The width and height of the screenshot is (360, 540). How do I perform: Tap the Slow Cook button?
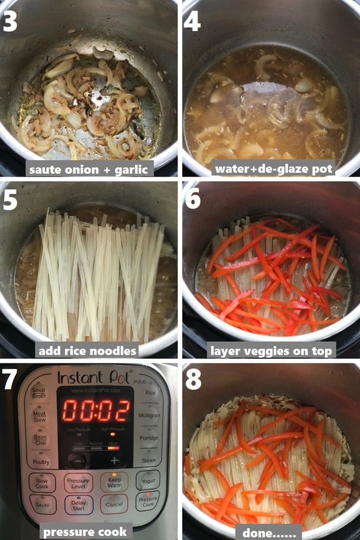(41, 482)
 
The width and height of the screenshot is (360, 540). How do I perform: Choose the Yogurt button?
(147, 480)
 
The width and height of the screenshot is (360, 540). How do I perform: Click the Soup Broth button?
(39, 393)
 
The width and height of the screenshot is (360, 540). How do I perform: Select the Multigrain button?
(150, 415)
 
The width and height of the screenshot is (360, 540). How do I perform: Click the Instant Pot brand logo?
(94, 377)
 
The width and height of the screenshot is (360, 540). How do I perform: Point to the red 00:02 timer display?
(96, 411)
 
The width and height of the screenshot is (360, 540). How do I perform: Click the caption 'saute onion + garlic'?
(90, 169)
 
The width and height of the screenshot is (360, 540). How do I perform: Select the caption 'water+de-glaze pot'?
(274, 169)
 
